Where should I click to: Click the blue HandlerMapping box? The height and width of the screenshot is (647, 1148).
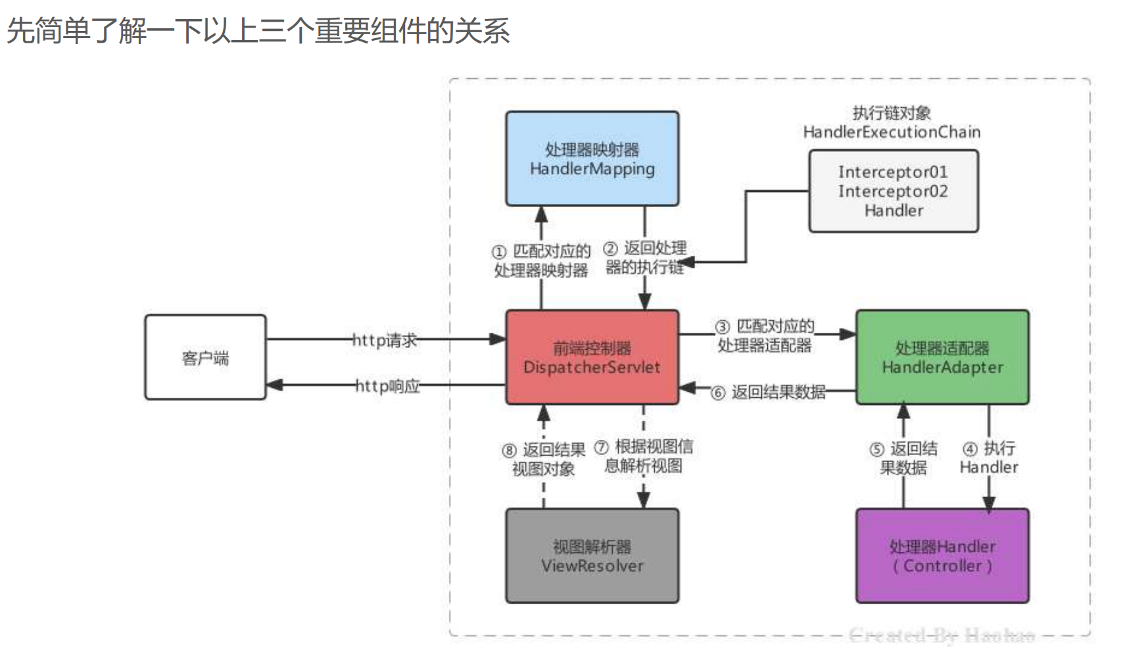click(592, 158)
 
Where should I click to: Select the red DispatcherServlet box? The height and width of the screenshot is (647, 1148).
click(592, 357)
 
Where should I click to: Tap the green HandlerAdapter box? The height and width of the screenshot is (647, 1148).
click(942, 357)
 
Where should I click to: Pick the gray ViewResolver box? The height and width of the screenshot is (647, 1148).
click(592, 556)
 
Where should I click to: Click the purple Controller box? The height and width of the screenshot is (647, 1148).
click(942, 556)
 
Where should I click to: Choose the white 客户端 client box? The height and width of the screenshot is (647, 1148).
click(205, 357)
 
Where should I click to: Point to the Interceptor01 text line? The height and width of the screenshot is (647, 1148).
click(893, 172)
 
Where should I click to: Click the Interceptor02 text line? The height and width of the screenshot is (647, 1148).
click(893, 191)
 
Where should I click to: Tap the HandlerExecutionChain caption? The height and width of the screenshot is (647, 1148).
click(892, 132)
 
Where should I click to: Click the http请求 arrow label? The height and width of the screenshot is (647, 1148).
click(385, 340)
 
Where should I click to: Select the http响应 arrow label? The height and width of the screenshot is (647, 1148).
click(387, 385)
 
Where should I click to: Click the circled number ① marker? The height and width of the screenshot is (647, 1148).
click(499, 252)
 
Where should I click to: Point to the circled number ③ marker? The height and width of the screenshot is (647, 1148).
click(723, 327)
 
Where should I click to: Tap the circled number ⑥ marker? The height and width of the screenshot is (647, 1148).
click(718, 393)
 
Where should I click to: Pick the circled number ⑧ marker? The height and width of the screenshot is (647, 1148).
click(510, 450)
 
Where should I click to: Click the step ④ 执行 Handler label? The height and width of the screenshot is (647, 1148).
click(989, 458)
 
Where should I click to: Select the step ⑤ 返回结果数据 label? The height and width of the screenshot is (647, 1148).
click(904, 458)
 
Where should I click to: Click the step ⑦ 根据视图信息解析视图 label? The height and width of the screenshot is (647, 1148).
click(644, 456)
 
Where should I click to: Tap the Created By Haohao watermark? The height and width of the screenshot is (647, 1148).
click(942, 635)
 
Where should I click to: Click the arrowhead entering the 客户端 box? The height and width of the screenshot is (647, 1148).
click(275, 385)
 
